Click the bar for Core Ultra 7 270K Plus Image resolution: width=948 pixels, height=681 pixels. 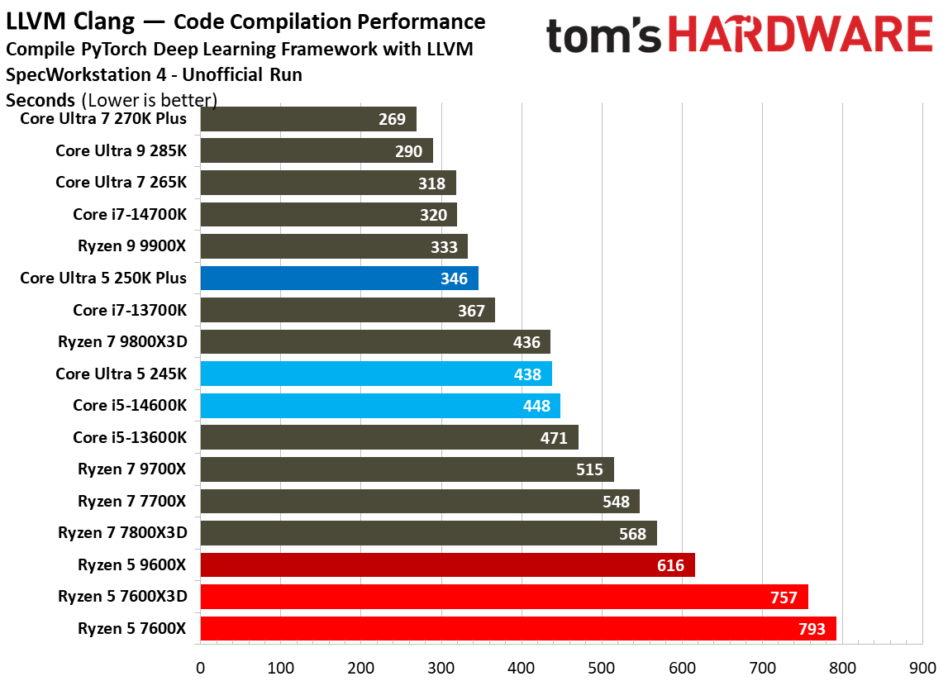tap(307, 119)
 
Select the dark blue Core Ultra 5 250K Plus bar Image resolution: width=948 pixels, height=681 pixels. tap(339, 278)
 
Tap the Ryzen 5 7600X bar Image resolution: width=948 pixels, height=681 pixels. tap(518, 629)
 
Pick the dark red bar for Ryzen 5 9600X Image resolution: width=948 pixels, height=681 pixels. tap(447, 565)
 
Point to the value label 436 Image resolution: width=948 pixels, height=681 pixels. tap(526, 342)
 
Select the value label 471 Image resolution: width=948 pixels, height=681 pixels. tap(554, 438)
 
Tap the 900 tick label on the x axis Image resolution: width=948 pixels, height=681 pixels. tap(922, 667)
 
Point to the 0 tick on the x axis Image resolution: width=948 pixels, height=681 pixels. tap(200, 667)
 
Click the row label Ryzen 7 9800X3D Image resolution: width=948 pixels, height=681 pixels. tap(122, 342)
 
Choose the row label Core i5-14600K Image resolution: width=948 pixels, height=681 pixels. tap(130, 406)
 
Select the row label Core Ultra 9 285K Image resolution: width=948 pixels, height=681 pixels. tap(121, 150)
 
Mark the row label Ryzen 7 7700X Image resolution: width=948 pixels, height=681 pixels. tap(132, 502)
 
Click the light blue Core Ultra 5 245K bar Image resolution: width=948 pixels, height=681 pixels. tap(376, 374)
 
